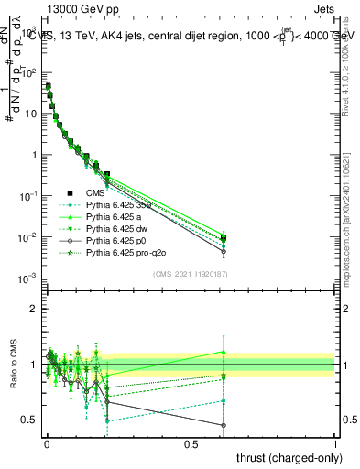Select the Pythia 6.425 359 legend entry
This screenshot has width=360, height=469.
pyautogui.click(x=109, y=206)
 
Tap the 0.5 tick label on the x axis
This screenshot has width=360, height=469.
pyautogui.click(x=191, y=443)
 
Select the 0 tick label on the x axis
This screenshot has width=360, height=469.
pyautogui.click(x=47, y=443)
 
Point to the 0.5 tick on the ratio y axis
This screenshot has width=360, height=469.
pyautogui.click(x=29, y=420)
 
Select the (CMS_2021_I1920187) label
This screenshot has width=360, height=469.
pyautogui.click(x=191, y=274)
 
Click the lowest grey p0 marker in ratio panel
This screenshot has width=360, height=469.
pyautogui.click(x=224, y=425)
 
